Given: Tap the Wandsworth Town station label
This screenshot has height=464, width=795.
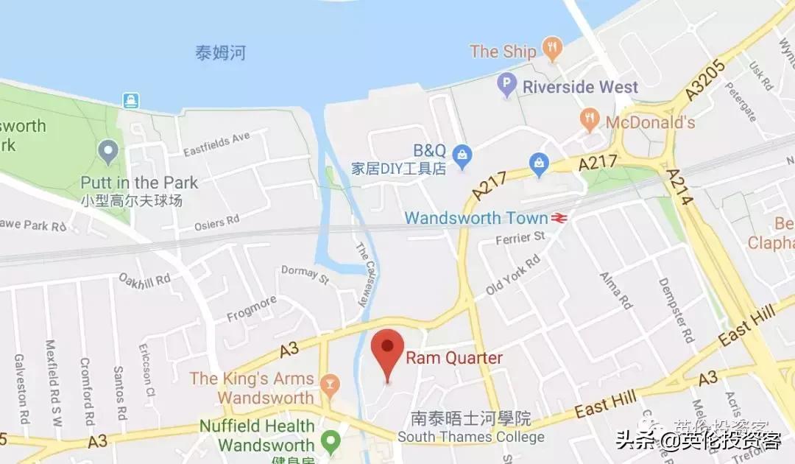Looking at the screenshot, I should (x=476, y=218).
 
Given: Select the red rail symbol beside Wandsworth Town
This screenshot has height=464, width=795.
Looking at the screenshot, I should (x=559, y=218).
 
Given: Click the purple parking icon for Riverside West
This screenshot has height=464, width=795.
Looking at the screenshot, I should (x=506, y=85).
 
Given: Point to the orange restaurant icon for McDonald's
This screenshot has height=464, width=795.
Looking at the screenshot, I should (x=589, y=120).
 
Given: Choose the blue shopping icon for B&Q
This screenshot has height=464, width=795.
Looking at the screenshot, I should (x=462, y=154).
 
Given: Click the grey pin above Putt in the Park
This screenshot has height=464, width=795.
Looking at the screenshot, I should (x=109, y=153).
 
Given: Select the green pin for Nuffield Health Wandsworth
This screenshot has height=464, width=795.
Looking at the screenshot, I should (x=331, y=441).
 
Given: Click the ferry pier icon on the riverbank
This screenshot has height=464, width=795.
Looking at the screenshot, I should (x=130, y=101).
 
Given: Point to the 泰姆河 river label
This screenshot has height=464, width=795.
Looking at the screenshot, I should (x=220, y=53).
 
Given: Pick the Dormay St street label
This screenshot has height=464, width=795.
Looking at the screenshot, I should (x=305, y=275).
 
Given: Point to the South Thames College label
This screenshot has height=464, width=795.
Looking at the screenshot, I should (x=471, y=437).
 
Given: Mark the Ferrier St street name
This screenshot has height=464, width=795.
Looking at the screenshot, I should (x=520, y=236).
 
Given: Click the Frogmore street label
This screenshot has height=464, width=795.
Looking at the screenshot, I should (x=252, y=309).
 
